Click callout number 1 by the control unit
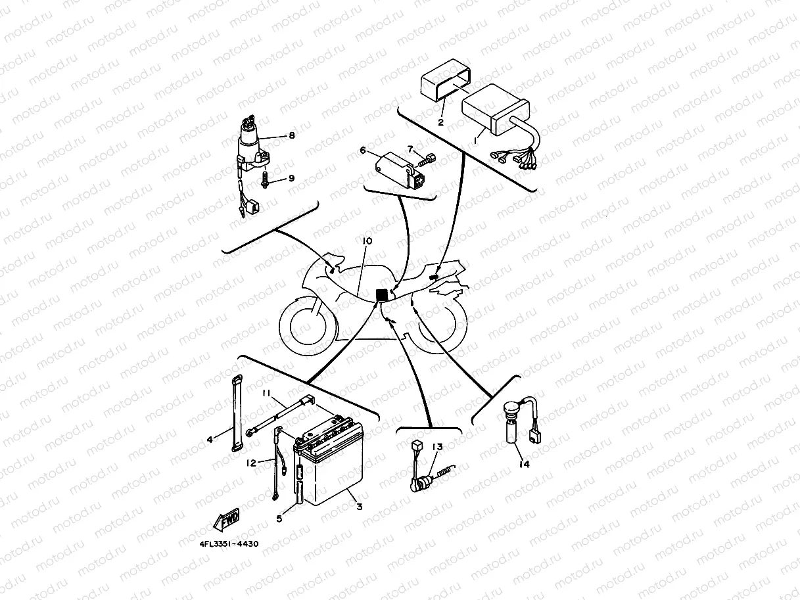[477, 140]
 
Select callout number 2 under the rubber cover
[440, 122]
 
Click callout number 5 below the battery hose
[279, 519]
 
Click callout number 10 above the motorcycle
[367, 241]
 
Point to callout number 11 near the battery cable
[266, 393]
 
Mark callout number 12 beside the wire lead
[251, 463]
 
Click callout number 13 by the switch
[437, 447]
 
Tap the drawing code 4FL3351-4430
[228, 544]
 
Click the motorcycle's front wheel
[304, 326]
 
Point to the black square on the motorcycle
[381, 295]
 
